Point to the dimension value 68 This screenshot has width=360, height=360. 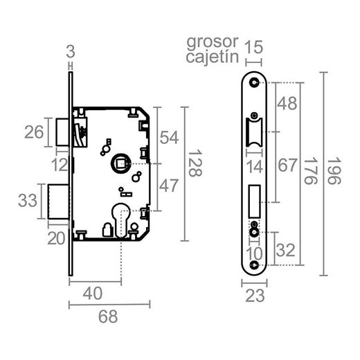pos(107,317)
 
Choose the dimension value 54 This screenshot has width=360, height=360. pos(170,136)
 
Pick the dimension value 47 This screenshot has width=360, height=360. pos(170,186)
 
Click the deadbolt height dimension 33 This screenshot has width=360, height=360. pos(28,201)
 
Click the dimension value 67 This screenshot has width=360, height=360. pos(287,166)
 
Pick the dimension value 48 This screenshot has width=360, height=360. pos(287,104)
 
